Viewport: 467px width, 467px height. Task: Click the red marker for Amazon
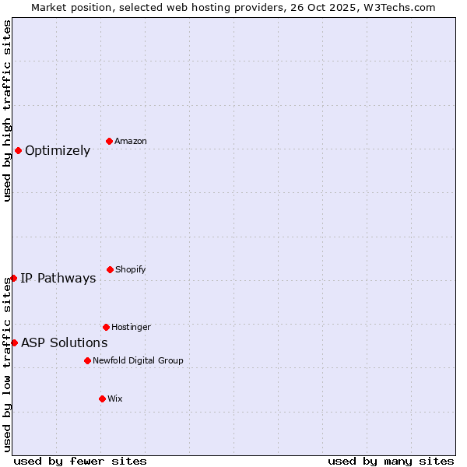click(110, 141)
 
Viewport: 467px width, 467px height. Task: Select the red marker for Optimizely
click(18, 150)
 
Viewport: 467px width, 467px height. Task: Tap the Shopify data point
click(110, 269)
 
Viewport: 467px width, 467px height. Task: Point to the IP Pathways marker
click(13, 278)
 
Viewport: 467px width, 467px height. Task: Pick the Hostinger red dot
click(106, 327)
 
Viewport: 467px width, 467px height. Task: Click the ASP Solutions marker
click(14, 342)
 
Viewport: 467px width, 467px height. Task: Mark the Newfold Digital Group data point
click(87, 360)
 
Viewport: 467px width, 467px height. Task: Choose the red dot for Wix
click(102, 399)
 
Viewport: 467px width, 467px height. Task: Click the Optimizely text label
click(58, 150)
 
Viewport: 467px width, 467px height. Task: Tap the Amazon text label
click(131, 141)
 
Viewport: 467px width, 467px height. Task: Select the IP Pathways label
click(58, 278)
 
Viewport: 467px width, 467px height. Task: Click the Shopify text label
click(131, 269)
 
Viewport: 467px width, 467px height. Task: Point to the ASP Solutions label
click(65, 342)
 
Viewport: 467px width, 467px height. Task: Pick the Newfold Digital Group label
click(139, 360)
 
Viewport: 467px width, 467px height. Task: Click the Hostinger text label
click(131, 327)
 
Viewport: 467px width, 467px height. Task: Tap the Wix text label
click(115, 399)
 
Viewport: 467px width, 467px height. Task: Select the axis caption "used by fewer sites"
click(80, 461)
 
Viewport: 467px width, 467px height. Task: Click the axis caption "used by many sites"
click(391, 461)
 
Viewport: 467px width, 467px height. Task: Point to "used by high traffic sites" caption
click(7, 111)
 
